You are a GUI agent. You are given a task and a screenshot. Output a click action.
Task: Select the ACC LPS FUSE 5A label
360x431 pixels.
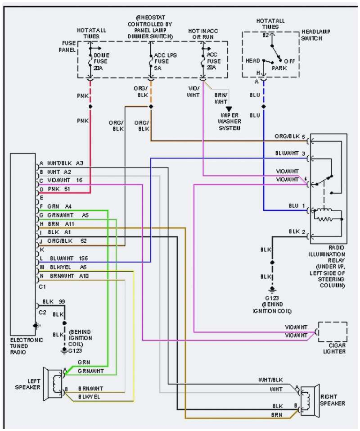click(160, 61)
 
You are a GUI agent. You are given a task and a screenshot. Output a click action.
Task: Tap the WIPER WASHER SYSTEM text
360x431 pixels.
click(229, 122)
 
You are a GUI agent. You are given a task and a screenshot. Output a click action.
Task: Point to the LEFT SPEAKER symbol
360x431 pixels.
click(53, 384)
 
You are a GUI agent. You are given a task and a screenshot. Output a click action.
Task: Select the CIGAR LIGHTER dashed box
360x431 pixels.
click(333, 333)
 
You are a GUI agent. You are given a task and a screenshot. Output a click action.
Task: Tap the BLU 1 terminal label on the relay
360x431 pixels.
click(297, 206)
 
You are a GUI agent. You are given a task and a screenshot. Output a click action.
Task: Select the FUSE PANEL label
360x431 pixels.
click(67, 47)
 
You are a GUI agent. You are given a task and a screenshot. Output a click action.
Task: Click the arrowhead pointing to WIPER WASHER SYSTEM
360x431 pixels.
click(229, 109)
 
